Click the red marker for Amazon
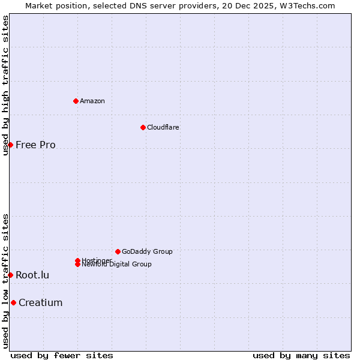pos(76,101)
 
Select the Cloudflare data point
pos(143,127)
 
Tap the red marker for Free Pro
pos(10,145)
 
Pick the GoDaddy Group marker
pos(118,251)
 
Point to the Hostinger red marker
pos(77,260)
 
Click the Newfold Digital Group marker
pos(78,264)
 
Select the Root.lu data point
pos(10,275)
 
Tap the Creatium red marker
pos(13,302)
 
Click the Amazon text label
pos(92,101)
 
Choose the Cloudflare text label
pos(163,127)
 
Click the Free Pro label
pos(35,145)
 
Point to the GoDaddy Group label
pos(147,251)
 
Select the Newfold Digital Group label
pos(117,265)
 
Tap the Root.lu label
pos(32,275)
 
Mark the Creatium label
pos(40,302)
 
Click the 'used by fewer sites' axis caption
pos(62,355)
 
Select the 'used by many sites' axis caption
pos(301,355)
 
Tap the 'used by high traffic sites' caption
pos(5,85)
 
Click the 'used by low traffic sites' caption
pos(5,281)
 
